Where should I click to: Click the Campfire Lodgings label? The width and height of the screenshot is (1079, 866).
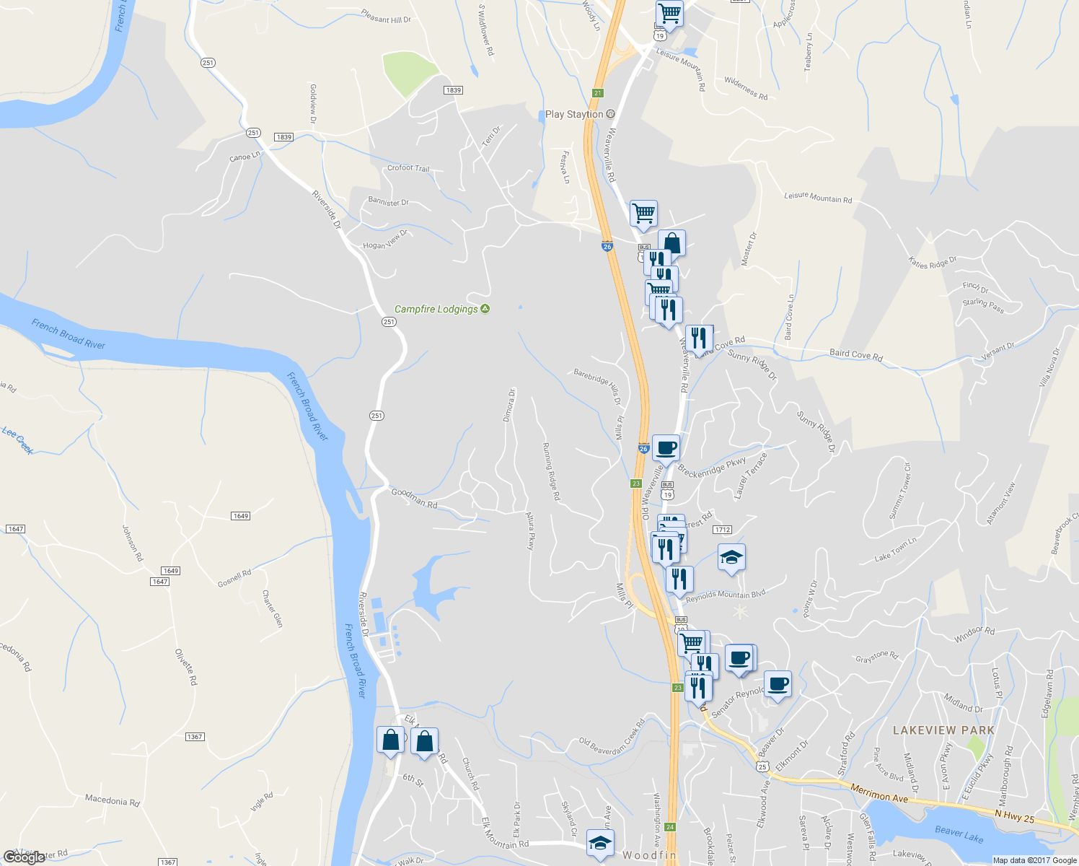coord(436,309)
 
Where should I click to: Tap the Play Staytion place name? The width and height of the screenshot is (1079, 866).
coord(573,114)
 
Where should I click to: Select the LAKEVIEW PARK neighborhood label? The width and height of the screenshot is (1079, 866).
coord(943,730)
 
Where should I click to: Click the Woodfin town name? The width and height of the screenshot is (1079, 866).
coord(649,855)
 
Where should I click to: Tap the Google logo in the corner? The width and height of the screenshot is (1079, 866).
coord(24,857)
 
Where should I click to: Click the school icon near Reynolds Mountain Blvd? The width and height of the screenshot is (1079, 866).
coord(731,557)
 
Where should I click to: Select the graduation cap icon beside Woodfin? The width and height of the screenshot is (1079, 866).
coord(600,843)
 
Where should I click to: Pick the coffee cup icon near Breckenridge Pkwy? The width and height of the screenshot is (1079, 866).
coord(666,447)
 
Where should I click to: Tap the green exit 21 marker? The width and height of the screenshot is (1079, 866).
coord(597,93)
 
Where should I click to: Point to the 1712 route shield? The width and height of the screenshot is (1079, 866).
coord(722,530)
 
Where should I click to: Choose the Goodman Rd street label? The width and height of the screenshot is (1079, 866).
coord(414,498)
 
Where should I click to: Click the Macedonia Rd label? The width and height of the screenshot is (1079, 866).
coord(112,800)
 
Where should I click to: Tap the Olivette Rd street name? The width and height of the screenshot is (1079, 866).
coord(185,666)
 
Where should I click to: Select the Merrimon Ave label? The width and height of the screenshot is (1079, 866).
coord(878,793)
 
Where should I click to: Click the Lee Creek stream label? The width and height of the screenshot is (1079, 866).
coord(18,440)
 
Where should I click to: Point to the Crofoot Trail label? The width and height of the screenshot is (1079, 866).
coord(408,168)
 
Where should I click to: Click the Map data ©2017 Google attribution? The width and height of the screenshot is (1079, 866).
coord(1034,860)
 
